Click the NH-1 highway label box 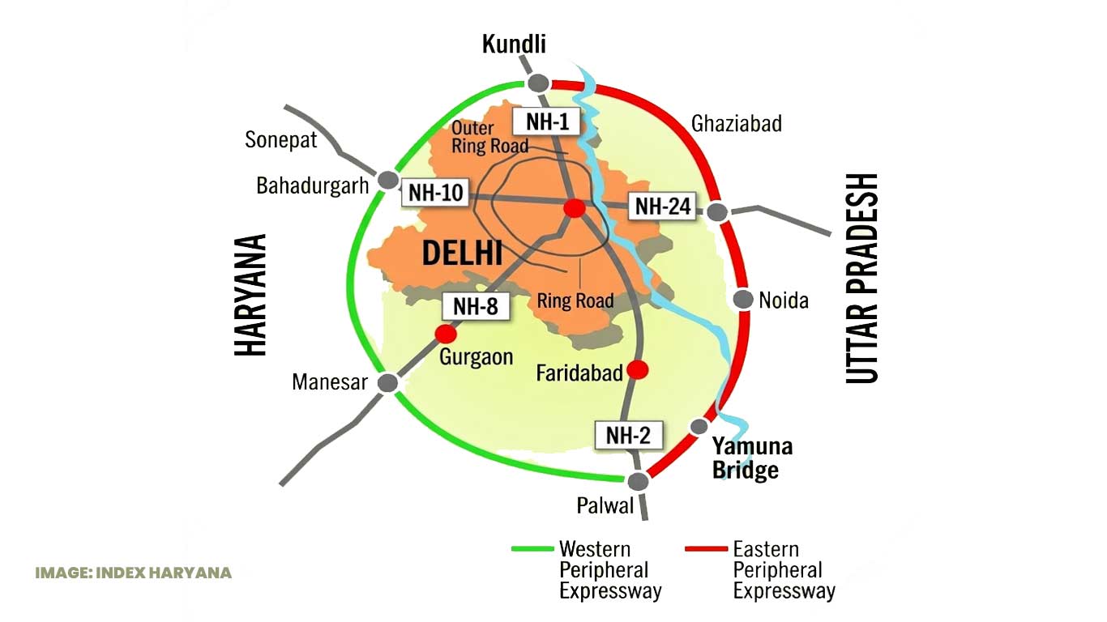[x=547, y=121]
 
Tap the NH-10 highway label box [x=435, y=192]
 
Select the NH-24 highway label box [x=662, y=206]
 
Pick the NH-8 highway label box [x=476, y=306]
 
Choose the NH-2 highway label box [x=629, y=435]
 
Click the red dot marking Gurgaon [x=446, y=334]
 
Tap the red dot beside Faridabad [x=638, y=369]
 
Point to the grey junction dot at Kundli [x=538, y=83]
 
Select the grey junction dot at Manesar [x=388, y=383]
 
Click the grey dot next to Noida [x=743, y=300]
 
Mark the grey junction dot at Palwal [x=638, y=481]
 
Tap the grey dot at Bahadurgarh [x=388, y=180]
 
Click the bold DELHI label [x=462, y=253]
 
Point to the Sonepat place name [x=280, y=140]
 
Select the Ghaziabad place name [x=737, y=124]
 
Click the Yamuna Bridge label [x=752, y=458]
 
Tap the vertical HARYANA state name [x=250, y=295]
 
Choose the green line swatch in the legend [x=532, y=548]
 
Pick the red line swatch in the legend [x=706, y=548]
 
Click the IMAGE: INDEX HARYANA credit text [x=134, y=573]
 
